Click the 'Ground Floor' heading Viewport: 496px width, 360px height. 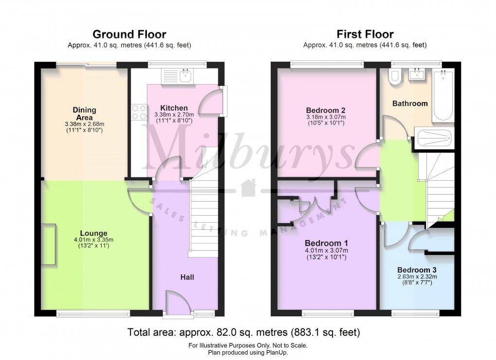[x=129, y=34]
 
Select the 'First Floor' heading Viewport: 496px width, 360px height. [x=365, y=34]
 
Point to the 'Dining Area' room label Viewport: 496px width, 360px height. [x=84, y=114]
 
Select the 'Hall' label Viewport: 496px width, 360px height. [x=187, y=277]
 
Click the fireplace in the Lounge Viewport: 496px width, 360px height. [x=48, y=244]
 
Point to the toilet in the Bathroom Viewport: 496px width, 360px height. [x=395, y=77]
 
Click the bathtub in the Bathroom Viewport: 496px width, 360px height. [x=443, y=95]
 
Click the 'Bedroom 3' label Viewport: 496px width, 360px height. [x=417, y=270]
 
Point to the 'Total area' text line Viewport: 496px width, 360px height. [x=243, y=333]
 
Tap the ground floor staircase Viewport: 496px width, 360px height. [x=202, y=219]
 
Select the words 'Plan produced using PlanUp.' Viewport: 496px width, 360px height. [x=248, y=353]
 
